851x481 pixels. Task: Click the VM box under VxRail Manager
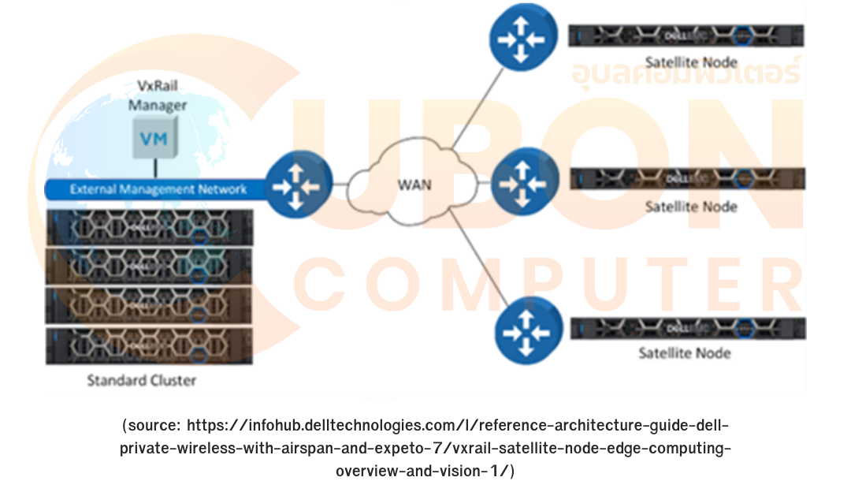pos(154,139)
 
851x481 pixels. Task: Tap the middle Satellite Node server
pos(687,181)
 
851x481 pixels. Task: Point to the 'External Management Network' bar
pos(158,189)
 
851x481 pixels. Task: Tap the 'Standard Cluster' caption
pos(141,381)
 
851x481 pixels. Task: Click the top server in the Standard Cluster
pos(149,229)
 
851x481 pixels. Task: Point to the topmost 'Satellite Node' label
pos(691,62)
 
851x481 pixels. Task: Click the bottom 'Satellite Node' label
pos(685,352)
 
